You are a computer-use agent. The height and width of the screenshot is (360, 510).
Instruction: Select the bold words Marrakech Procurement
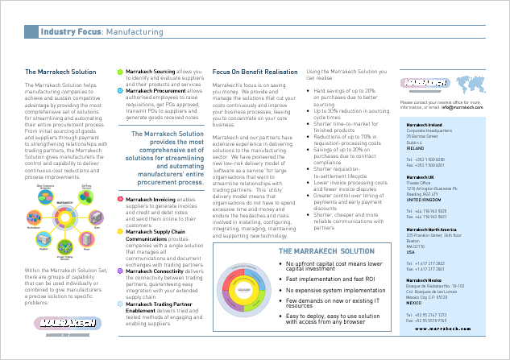[x=155, y=91]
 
